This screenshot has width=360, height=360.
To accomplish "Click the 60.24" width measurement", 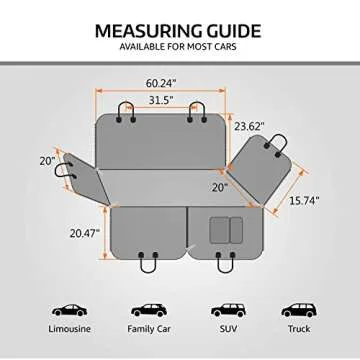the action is [161, 83].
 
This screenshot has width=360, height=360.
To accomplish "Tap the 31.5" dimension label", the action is [161, 100].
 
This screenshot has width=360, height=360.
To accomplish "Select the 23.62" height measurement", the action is [249, 126].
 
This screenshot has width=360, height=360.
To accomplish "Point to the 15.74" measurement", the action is [304, 201].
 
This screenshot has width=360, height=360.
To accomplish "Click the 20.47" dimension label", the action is [85, 233].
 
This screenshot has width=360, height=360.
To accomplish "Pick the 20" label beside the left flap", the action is [47, 161].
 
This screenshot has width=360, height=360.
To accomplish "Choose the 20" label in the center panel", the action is [220, 188].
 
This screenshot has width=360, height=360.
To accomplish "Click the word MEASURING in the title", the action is [148, 31].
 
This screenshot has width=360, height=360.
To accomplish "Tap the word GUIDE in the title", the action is [233, 31].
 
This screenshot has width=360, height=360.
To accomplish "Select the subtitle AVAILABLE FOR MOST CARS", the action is [178, 47].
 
